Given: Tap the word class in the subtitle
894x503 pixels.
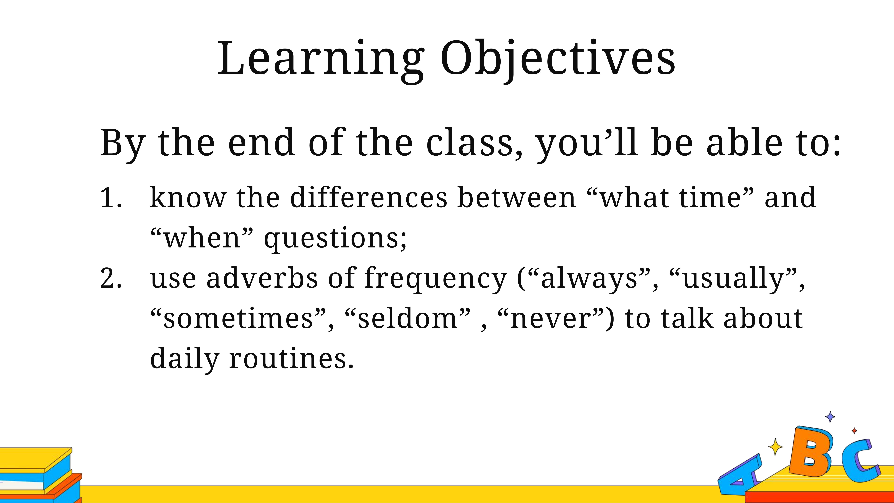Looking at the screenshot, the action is [470, 142].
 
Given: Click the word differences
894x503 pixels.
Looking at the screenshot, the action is [369, 197].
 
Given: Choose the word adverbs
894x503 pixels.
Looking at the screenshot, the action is [262, 278].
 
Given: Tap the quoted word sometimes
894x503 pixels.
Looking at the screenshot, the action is [238, 319].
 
